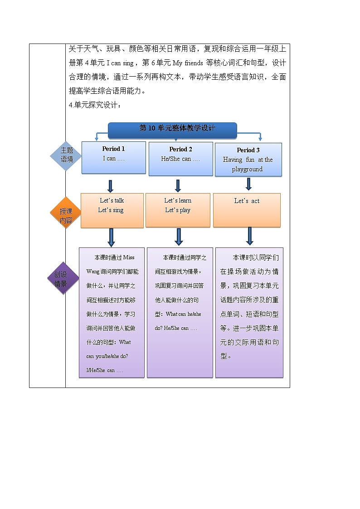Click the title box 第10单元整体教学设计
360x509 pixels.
tap(172, 129)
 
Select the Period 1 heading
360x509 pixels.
tap(113, 149)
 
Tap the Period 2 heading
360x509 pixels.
tap(180, 149)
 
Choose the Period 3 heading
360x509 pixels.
tap(248, 150)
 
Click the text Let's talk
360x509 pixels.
tap(112, 200)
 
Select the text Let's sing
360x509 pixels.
tap(111, 210)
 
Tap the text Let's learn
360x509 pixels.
tap(178, 200)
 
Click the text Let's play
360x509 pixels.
tap(178, 210)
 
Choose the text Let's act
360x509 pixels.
tap(247, 201)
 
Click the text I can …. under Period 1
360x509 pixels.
tap(113, 159)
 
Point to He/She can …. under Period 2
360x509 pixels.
tap(180, 159)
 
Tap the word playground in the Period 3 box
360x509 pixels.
tap(247, 169)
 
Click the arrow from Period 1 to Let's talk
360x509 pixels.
tap(110, 186)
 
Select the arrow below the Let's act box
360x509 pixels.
tap(249, 236)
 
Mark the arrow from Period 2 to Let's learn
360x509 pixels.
tap(178, 186)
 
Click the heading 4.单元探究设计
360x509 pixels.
tap(95, 105)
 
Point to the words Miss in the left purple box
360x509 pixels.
tap(129, 257)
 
